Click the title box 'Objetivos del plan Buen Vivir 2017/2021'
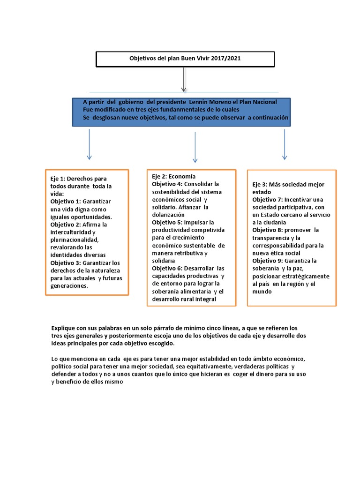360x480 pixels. coord(185,59)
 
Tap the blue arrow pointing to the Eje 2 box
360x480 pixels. coord(195,147)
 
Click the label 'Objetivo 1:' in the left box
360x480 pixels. coord(66,201)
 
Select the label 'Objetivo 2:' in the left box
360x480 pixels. coord(66,225)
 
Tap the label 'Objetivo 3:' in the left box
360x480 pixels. coord(66,262)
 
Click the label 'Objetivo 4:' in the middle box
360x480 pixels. coord(167,184)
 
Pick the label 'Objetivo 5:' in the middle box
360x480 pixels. coord(167,222)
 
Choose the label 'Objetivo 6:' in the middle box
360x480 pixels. coord(167,268)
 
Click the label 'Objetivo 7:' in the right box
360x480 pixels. coord(268,200)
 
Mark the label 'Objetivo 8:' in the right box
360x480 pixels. coord(268,230)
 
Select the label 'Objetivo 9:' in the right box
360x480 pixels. coord(268,261)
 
